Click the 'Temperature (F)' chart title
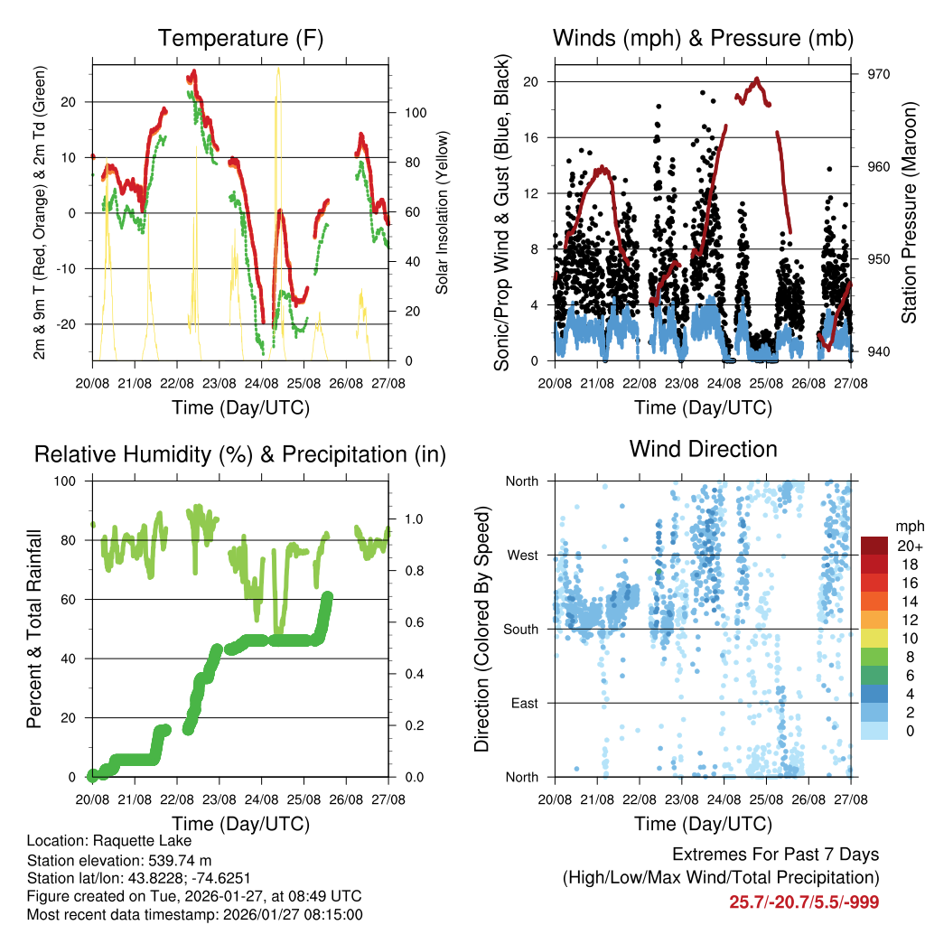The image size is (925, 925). [240, 38]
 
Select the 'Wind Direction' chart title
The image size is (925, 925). [703, 449]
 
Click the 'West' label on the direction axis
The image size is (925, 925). [523, 555]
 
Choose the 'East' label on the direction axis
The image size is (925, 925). [525, 703]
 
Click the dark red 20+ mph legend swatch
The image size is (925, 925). [874, 547]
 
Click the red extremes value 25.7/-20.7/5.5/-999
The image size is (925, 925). [804, 902]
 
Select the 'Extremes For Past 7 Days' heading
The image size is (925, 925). [775, 855]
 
